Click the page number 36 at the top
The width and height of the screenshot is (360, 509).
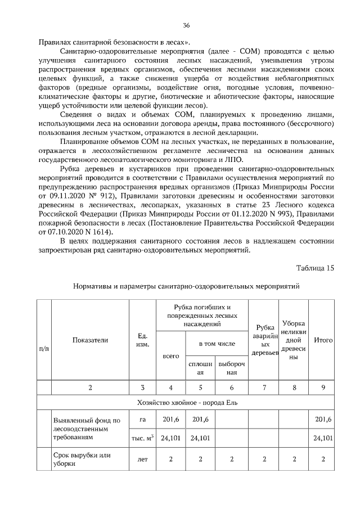186,25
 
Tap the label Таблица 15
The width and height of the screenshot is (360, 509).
314,268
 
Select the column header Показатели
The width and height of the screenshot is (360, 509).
91,340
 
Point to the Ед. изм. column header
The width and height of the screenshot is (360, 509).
142,340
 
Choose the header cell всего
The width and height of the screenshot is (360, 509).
170,356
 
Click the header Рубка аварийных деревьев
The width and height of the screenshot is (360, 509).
264,340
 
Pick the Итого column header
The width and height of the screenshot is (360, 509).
323,340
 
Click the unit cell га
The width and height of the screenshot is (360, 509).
142,420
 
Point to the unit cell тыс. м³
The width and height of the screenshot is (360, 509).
142,438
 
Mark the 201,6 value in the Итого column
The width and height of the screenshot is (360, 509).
323,420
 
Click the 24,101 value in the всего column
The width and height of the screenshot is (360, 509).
170,438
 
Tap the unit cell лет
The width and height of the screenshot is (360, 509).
142,459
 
